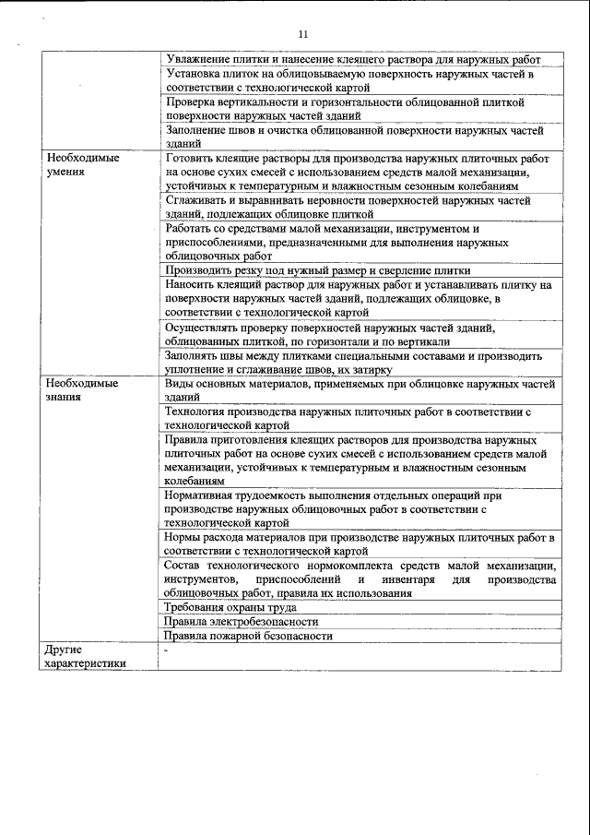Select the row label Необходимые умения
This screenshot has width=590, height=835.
[83, 164]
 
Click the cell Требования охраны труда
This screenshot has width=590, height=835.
[230, 608]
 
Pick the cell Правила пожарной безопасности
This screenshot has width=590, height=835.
[247, 636]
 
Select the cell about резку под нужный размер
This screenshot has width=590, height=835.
[317, 270]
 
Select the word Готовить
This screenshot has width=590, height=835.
[190, 158]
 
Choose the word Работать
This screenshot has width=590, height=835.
[190, 228]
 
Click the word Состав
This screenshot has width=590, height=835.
[183, 565]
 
